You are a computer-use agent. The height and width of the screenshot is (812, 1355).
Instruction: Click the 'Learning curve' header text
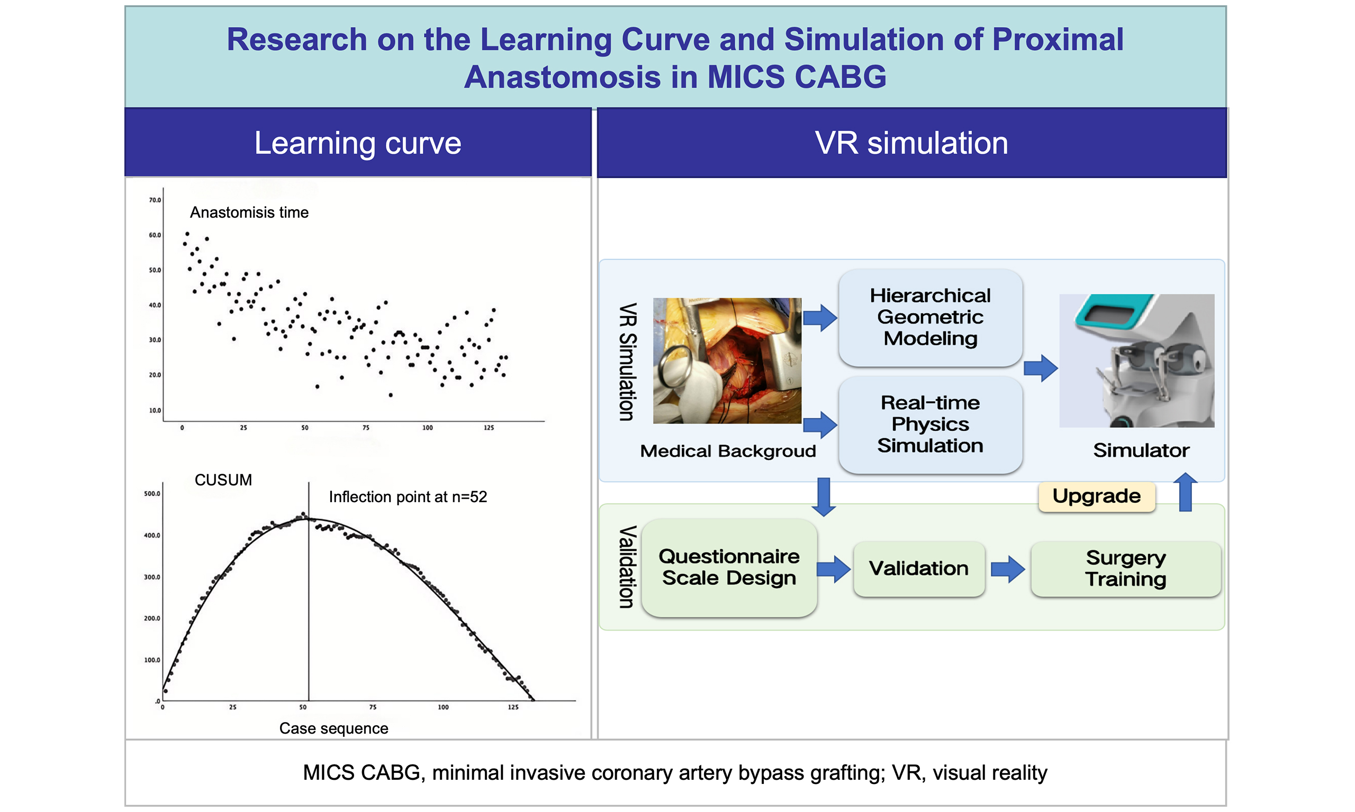pyautogui.click(x=358, y=143)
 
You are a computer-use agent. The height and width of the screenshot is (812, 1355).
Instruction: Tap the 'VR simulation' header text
pyautogui.click(x=911, y=143)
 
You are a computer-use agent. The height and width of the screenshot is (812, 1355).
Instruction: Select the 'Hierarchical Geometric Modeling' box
pyautogui.click(x=930, y=317)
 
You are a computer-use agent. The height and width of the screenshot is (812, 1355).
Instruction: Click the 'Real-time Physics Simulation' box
pyautogui.click(x=930, y=425)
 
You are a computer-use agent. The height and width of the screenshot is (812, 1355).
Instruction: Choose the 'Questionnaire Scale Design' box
pyautogui.click(x=729, y=568)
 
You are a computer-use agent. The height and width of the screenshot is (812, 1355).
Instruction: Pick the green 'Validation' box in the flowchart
pyautogui.click(x=918, y=568)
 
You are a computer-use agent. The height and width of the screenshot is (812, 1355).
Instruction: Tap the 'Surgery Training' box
pyautogui.click(x=1125, y=568)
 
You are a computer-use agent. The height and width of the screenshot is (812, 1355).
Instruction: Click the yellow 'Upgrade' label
pyautogui.click(x=1097, y=496)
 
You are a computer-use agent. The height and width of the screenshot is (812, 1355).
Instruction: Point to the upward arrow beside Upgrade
pyautogui.click(x=1185, y=492)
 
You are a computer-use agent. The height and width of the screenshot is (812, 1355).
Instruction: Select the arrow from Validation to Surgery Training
pyautogui.click(x=1008, y=569)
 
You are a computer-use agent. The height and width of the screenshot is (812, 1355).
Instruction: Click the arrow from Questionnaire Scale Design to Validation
pyautogui.click(x=834, y=569)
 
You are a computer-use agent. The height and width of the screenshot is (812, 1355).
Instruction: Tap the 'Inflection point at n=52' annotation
pyautogui.click(x=408, y=497)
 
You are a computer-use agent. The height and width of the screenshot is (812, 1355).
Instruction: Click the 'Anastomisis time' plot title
pyautogui.click(x=249, y=213)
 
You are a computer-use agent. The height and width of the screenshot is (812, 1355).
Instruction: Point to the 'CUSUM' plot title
pyautogui.click(x=223, y=480)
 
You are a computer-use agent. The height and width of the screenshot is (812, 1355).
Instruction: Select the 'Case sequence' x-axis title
pyautogui.click(x=333, y=728)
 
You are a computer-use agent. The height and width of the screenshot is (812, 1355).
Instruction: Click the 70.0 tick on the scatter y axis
pyautogui.click(x=155, y=200)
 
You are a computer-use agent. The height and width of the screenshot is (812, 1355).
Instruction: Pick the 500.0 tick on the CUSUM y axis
pyautogui.click(x=152, y=494)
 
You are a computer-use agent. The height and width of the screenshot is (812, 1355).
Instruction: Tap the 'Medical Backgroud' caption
pyautogui.click(x=728, y=451)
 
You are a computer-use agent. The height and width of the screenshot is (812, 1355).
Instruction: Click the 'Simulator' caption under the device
pyautogui.click(x=1141, y=450)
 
